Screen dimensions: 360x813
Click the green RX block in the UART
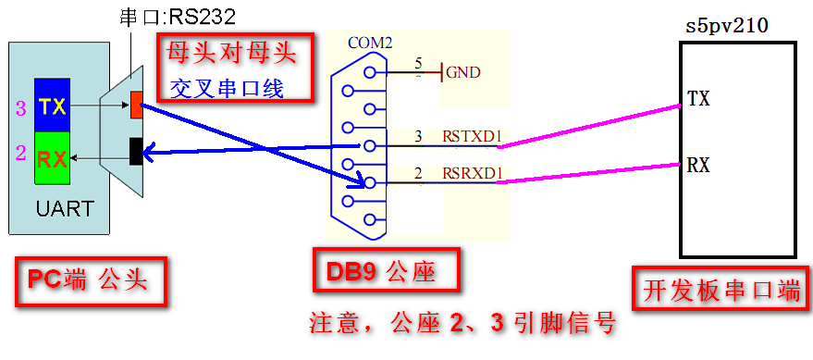coord(53,159)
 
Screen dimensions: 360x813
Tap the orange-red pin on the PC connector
coord(137,105)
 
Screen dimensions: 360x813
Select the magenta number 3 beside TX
coord(21,107)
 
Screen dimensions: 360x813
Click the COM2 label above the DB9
coord(371,43)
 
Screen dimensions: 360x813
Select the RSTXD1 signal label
coord(472,137)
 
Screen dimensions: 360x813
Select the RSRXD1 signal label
coord(472,173)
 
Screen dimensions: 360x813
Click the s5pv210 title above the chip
coord(726,26)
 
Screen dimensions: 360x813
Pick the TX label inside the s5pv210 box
coord(699,98)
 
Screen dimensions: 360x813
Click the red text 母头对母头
coord(231,54)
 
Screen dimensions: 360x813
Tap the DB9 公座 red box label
coord(381,273)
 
